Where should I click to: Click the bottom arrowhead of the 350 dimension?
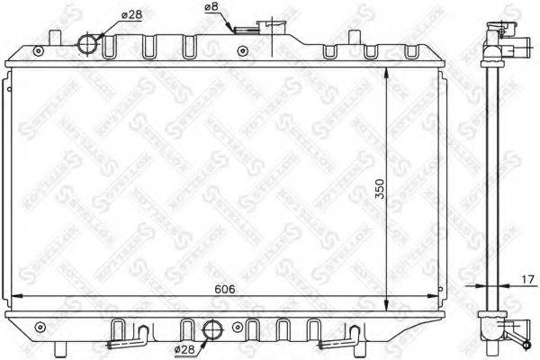coord(388,307)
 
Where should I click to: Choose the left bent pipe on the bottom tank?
coord(126,337)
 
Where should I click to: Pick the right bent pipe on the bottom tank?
coord(341,337)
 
